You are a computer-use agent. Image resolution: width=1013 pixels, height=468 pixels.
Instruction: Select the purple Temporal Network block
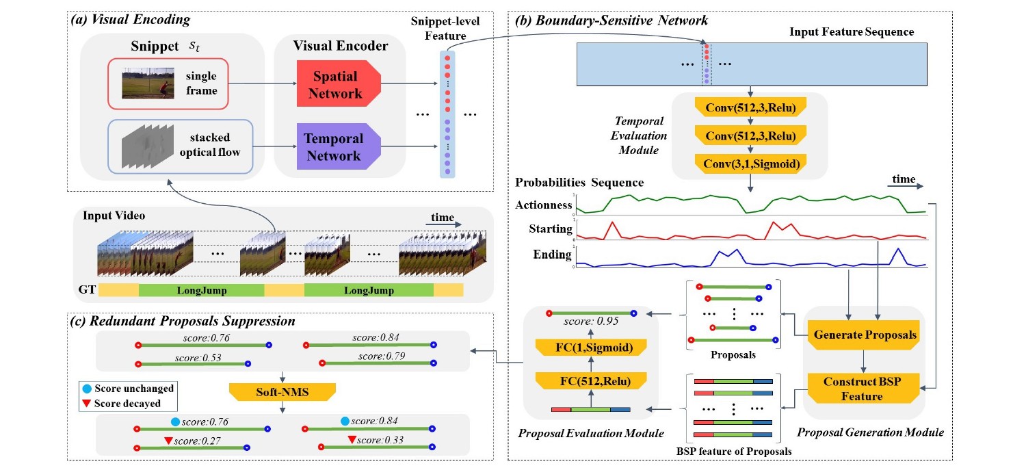click(332, 147)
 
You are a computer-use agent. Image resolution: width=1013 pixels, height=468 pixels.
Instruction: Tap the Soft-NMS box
click(282, 391)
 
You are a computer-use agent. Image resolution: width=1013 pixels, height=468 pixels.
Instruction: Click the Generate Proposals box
click(865, 335)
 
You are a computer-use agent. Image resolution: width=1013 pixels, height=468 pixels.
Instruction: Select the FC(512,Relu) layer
click(592, 381)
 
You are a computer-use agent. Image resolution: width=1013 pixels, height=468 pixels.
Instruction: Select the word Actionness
click(543, 204)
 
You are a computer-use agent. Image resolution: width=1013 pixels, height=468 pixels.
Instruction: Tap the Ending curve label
click(552, 255)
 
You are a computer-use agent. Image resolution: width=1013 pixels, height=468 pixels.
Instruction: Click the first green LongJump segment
click(201, 290)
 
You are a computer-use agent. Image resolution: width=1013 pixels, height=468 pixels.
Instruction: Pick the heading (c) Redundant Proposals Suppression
click(183, 321)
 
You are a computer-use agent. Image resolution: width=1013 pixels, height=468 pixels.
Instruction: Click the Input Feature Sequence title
click(852, 32)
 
